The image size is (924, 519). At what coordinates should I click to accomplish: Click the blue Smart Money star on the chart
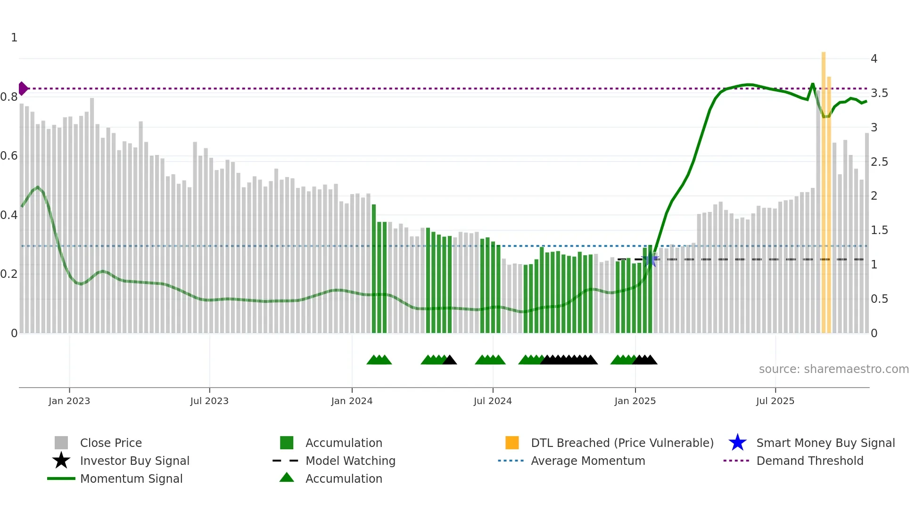(x=651, y=259)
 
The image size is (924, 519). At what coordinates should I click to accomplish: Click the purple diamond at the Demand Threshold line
(x=23, y=89)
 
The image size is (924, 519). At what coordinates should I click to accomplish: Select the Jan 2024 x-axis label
(x=352, y=401)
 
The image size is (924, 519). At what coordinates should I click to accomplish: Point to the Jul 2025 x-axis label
(x=775, y=401)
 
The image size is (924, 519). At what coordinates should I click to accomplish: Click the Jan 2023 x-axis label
(x=69, y=401)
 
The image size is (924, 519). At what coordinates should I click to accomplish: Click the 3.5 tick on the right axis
(x=879, y=93)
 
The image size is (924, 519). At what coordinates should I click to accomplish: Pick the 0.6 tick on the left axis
(x=9, y=156)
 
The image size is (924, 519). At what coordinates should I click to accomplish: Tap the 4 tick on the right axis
(x=874, y=59)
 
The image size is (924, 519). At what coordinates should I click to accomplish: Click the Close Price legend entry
(x=111, y=443)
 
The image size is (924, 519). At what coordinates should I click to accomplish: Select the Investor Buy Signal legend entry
(x=134, y=461)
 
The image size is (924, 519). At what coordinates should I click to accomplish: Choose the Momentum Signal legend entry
(x=131, y=478)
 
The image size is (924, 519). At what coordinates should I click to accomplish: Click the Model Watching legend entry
(x=350, y=461)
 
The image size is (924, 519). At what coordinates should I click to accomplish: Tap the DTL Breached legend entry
(x=622, y=443)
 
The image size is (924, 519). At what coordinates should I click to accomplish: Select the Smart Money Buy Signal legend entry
(x=825, y=443)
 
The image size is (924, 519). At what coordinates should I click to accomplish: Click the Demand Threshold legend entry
(x=809, y=461)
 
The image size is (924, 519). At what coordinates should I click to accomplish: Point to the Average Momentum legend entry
(x=587, y=461)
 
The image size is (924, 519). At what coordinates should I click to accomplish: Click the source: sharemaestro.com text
(x=833, y=369)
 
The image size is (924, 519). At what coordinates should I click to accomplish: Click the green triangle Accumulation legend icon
(x=287, y=478)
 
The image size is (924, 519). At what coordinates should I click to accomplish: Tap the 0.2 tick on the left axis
(x=9, y=274)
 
